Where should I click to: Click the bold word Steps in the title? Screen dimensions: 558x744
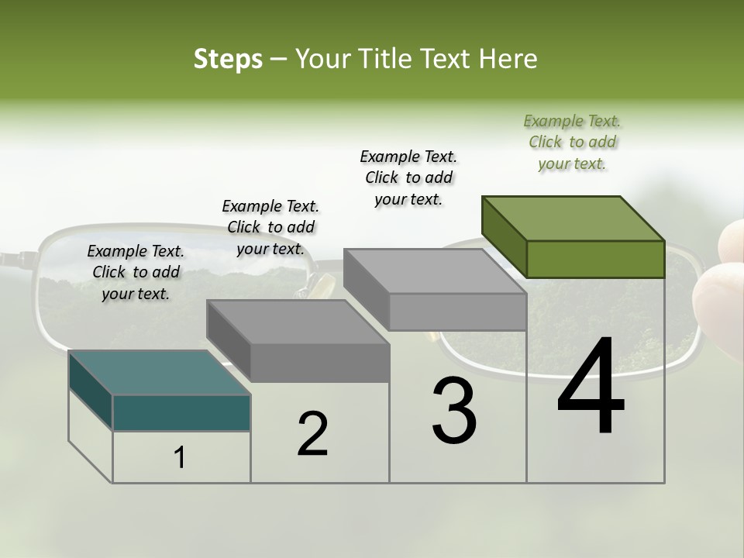click(228, 59)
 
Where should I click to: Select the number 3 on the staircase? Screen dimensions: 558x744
click(454, 411)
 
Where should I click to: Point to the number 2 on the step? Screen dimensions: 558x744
click(312, 434)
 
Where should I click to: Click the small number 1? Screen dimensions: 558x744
click(180, 458)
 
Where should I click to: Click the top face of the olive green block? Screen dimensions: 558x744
click(573, 218)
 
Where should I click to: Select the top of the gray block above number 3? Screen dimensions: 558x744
click(435, 270)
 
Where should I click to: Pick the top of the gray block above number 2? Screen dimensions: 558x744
click(298, 322)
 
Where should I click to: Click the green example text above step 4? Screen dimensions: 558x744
click(572, 142)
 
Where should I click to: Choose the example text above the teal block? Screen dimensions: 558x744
click(136, 272)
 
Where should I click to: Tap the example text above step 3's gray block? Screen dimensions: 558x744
click(408, 177)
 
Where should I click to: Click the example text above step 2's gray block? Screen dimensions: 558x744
click(270, 227)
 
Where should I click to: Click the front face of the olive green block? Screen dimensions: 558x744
click(595, 259)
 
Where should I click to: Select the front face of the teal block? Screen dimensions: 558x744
click(181, 412)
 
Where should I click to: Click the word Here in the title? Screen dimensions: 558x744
click(508, 59)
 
